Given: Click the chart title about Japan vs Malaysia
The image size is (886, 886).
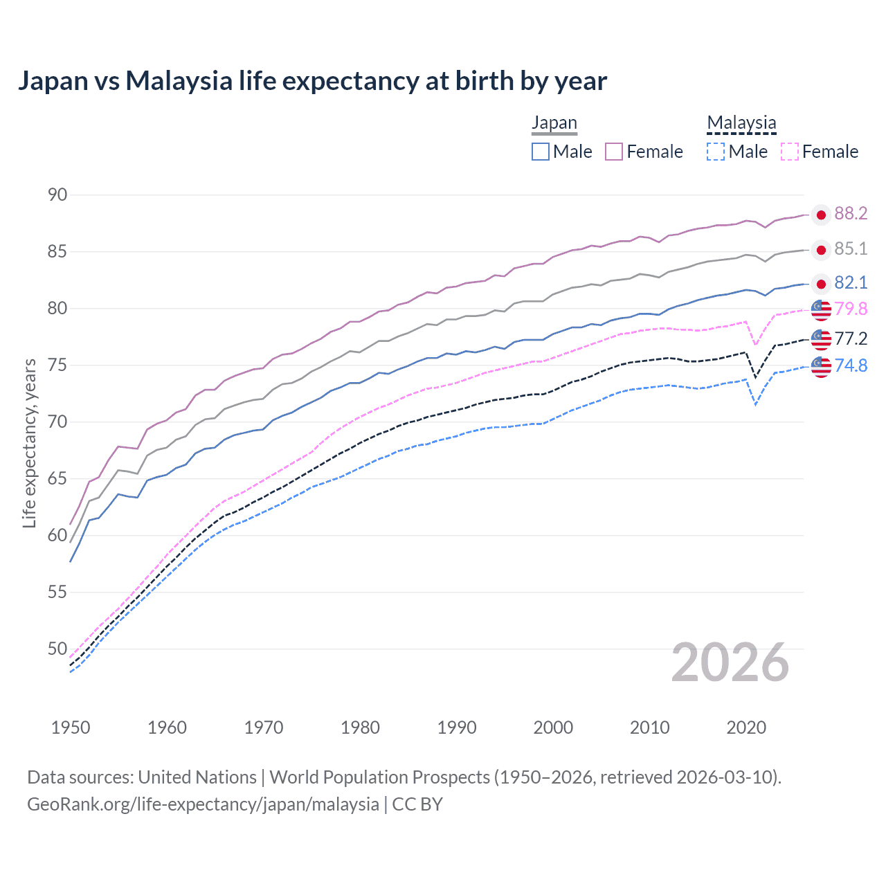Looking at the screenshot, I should (312, 81).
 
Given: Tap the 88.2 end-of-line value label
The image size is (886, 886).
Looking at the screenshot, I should (851, 214).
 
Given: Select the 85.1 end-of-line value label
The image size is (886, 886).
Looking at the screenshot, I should (851, 249).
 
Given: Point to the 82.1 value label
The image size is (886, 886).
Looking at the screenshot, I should (851, 283).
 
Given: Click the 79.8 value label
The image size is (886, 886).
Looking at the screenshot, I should (851, 309).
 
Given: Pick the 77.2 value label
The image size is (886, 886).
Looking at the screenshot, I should (851, 338).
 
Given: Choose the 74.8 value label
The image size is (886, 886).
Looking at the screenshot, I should (851, 366).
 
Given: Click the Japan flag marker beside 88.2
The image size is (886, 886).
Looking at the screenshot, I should (821, 215).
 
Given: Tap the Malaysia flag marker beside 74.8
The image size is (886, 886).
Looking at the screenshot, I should (821, 367).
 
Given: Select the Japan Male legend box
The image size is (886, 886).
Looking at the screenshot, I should (541, 152).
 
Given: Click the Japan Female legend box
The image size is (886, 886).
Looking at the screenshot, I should (614, 152).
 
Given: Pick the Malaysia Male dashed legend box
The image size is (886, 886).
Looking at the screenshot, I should (716, 152).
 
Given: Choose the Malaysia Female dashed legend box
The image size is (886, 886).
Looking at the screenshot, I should (789, 152).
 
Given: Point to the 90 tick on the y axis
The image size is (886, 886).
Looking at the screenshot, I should (57, 195).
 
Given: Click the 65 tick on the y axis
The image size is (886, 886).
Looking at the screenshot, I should (57, 479).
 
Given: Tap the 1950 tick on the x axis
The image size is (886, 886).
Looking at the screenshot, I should (71, 727).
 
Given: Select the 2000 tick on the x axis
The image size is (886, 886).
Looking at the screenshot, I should (553, 727).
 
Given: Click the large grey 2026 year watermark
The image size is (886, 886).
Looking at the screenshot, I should (730, 662).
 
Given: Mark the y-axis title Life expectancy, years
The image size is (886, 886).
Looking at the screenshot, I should (29, 443).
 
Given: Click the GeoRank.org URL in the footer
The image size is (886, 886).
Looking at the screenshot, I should (203, 804).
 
